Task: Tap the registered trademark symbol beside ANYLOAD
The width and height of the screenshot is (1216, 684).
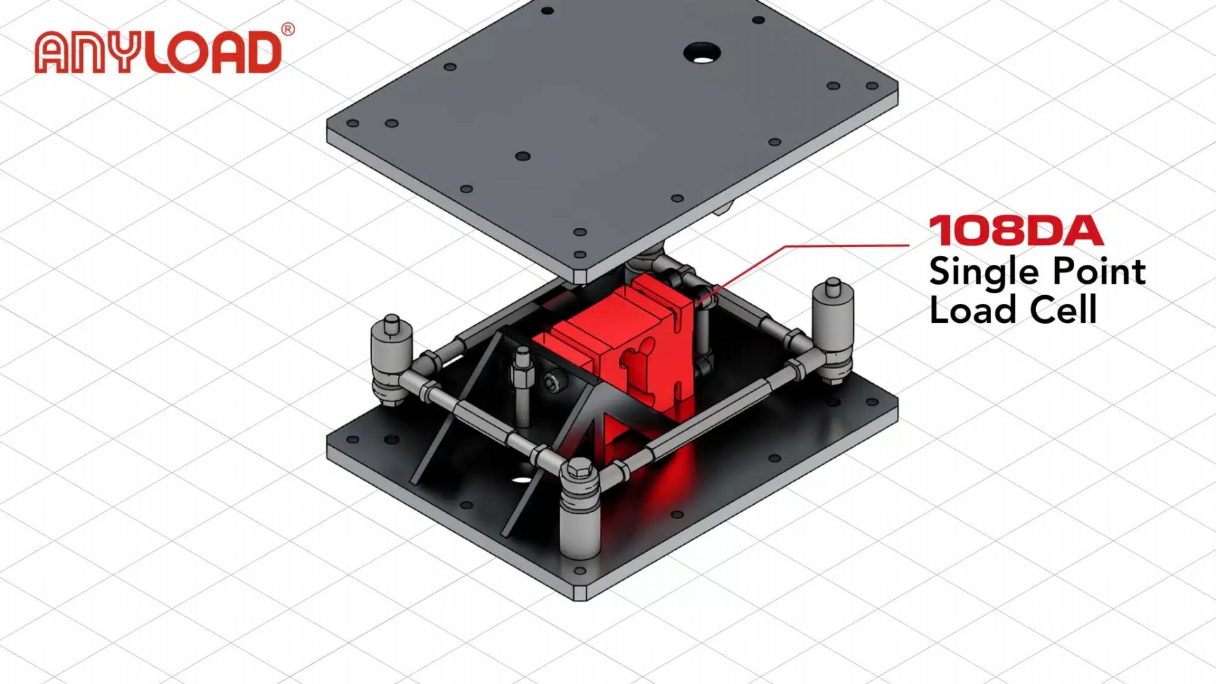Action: tap(288, 30)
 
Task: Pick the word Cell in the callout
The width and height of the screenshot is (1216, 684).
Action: tap(1063, 310)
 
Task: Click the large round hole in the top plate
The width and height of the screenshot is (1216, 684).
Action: tap(702, 53)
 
